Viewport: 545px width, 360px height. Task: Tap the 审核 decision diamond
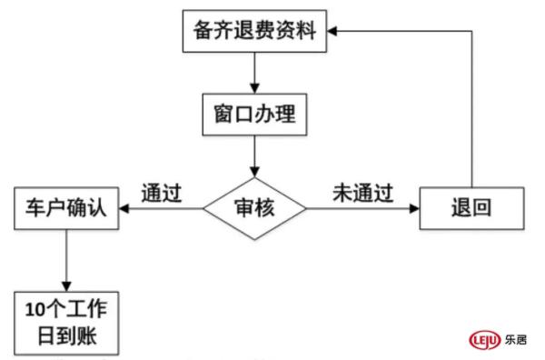point(255,208)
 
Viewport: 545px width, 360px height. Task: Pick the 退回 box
point(471,208)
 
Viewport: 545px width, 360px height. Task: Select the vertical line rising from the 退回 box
point(471,109)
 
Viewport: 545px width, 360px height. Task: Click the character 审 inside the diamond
point(243,208)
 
